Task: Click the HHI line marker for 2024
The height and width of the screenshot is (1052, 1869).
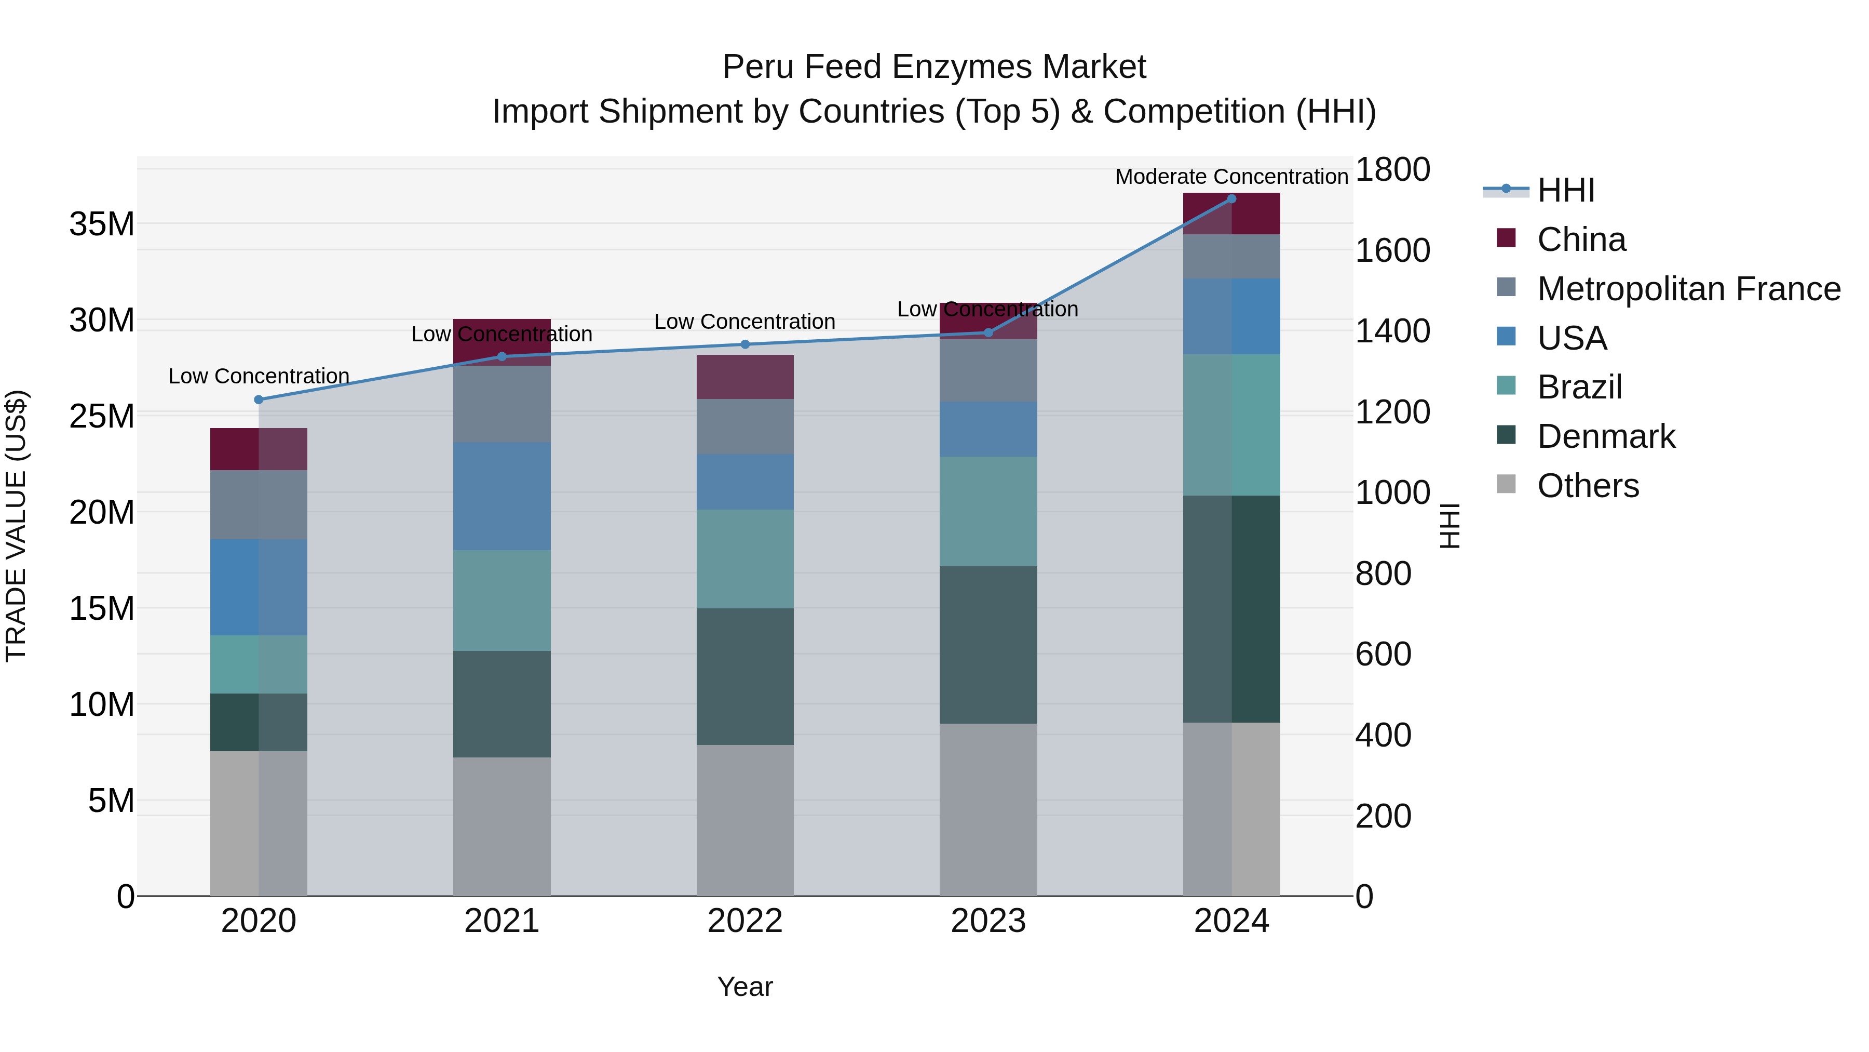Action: click(x=1231, y=199)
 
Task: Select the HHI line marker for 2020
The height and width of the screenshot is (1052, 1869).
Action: click(x=259, y=400)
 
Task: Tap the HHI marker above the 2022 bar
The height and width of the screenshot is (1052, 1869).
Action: click(x=745, y=344)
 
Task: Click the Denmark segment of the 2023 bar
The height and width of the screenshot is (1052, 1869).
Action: click(x=988, y=644)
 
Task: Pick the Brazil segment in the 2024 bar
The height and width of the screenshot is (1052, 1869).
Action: click(x=1231, y=425)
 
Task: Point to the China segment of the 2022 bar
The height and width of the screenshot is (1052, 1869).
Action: click(x=745, y=377)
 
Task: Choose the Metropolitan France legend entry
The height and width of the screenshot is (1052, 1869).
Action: click(x=1688, y=289)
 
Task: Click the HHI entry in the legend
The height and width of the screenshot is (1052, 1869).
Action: click(x=1566, y=190)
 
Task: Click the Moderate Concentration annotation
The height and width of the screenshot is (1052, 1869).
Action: click(x=1231, y=177)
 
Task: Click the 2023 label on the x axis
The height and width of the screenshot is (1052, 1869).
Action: click(x=988, y=921)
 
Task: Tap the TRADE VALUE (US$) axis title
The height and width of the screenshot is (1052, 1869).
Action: click(x=16, y=526)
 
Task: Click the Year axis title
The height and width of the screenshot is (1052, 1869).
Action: click(x=745, y=987)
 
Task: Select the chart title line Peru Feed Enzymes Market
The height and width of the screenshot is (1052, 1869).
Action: click(x=934, y=67)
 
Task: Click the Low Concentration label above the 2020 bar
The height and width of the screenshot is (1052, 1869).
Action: click(x=259, y=376)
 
